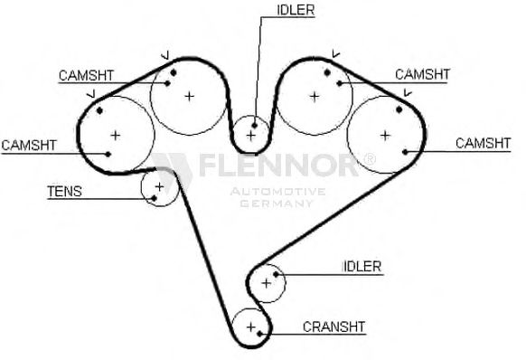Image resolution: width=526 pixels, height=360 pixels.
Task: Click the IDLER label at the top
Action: tap(296, 10)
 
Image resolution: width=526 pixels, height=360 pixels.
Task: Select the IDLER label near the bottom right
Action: tap(362, 267)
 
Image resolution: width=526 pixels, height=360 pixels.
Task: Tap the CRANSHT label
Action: tap(333, 327)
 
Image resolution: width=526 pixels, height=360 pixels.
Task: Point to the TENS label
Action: tap(64, 192)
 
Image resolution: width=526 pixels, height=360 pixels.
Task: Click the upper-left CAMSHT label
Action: tap(86, 76)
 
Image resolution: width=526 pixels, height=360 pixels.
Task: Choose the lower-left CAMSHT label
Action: tap(29, 145)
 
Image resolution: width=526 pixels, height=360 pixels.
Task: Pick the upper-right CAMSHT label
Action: tap(422, 74)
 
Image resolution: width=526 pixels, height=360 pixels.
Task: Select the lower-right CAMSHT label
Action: tap(483, 144)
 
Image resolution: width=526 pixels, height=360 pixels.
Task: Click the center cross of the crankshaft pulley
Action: tap(251, 327)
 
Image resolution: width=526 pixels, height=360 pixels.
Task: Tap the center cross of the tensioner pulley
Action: tap(159, 186)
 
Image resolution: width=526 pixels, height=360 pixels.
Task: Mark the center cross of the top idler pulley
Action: tap(251, 136)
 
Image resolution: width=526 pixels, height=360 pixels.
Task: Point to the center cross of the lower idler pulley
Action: tap(266, 283)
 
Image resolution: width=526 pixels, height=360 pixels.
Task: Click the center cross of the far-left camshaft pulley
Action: tap(116, 136)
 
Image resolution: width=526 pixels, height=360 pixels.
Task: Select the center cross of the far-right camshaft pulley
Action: tap(385, 136)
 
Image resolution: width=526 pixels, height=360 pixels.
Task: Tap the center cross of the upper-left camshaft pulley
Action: tap(190, 97)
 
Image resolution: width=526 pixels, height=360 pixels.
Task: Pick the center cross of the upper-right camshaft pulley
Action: tap(315, 97)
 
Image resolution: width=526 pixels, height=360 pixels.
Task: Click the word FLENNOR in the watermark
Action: tap(279, 165)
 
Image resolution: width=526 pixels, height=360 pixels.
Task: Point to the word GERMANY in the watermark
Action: tap(277, 204)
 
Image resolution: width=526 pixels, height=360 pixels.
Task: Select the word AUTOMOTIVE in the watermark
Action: tap(277, 192)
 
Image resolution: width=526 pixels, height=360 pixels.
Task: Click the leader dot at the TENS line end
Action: tap(154, 198)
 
